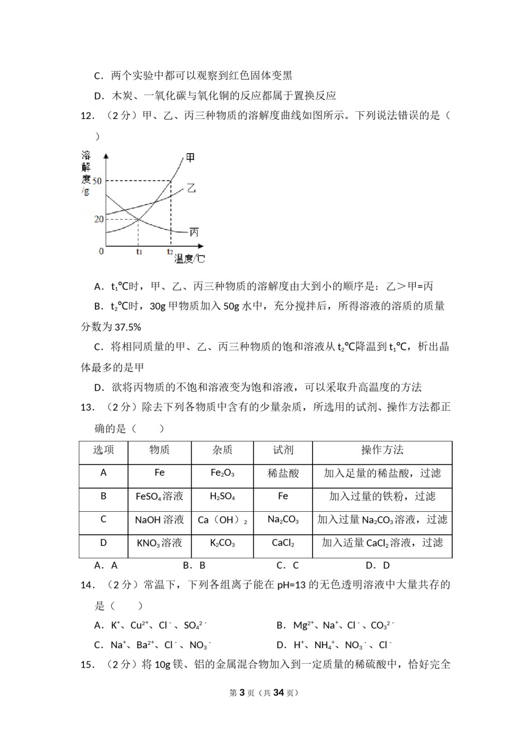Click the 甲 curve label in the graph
[x=191, y=158]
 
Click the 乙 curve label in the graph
[x=191, y=188]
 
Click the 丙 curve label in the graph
[x=194, y=232]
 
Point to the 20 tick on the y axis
[x=99, y=219]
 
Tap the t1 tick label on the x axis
[x=139, y=252]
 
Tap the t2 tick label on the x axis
[x=169, y=252]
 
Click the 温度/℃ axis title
[x=189, y=259]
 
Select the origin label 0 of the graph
[x=101, y=251]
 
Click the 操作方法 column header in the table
[x=382, y=450]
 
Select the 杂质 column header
[x=222, y=450]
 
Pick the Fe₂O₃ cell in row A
[x=222, y=473]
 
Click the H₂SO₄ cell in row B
[x=222, y=497]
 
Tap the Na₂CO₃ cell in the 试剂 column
[x=283, y=520]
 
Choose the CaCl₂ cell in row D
[x=283, y=543]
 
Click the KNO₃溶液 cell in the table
[x=159, y=543]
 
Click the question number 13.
[x=87, y=407]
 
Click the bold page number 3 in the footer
[x=242, y=692]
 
